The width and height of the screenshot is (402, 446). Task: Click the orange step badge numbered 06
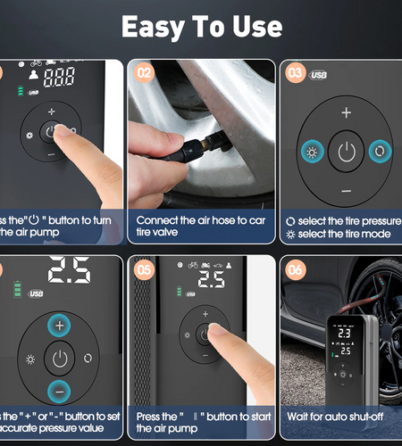point(295,269)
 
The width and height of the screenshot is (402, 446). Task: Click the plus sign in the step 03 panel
point(346,113)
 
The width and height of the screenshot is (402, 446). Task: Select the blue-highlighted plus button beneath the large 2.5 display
point(59,326)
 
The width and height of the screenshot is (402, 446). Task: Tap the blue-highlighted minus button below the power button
point(59,391)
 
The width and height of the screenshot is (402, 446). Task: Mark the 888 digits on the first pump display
point(59,78)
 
